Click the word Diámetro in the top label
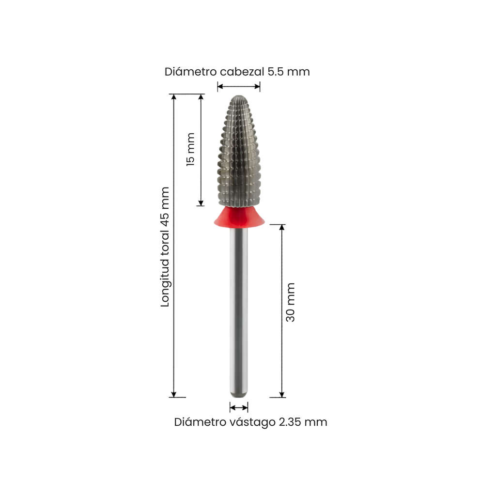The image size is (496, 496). point(190,72)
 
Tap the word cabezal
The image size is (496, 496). point(242,72)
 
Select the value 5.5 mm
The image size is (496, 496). point(289,72)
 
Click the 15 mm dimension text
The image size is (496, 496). point(190,149)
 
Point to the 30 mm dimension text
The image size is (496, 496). point(290,302)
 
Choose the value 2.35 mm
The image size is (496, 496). point(303,422)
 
